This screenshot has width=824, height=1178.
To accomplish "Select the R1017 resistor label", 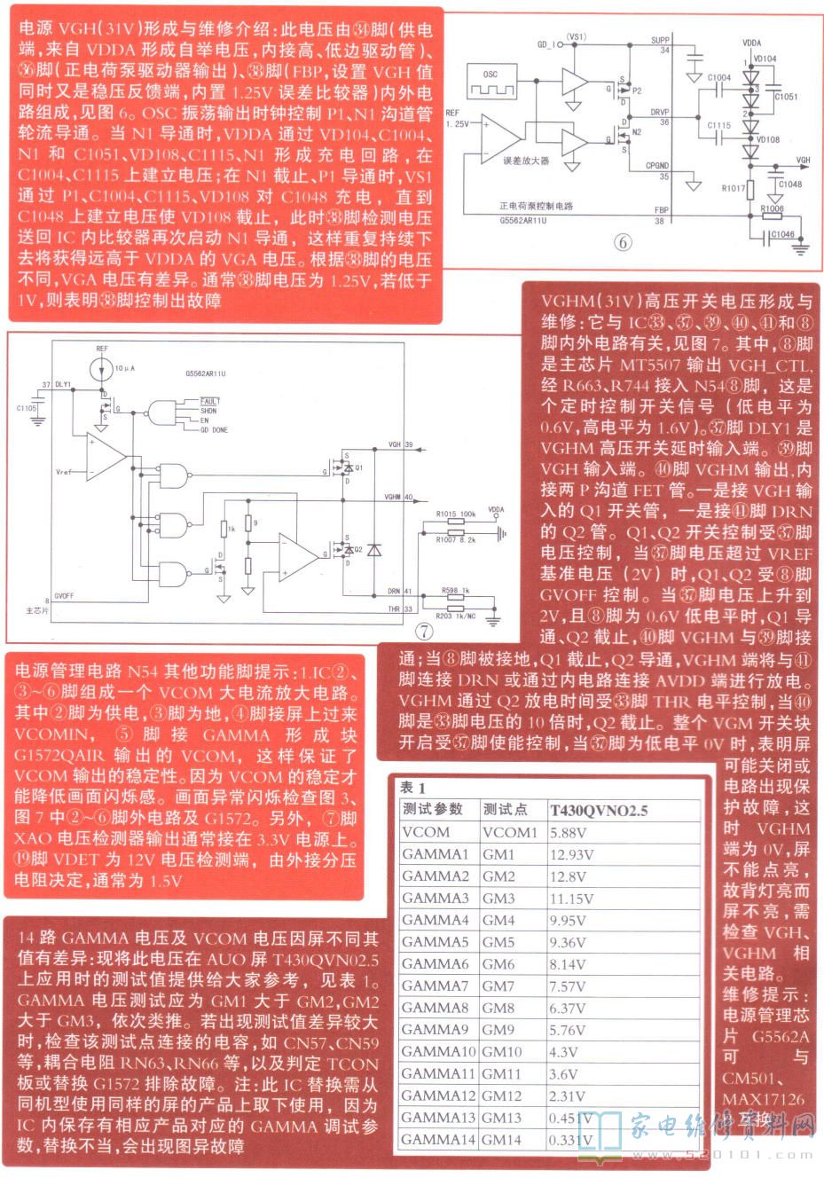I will [x=733, y=188].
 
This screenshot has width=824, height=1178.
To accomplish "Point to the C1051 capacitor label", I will [x=785, y=97].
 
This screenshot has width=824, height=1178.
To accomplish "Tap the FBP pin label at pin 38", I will [x=662, y=210].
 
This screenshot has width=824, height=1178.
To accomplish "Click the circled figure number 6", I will [x=624, y=241].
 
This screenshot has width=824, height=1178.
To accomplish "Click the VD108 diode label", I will [x=768, y=139].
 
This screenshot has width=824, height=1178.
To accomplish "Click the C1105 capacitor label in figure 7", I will [x=27, y=407].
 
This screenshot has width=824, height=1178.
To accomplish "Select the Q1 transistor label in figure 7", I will [x=358, y=467].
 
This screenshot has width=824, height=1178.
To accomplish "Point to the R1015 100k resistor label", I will [x=456, y=514].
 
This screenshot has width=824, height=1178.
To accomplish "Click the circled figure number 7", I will [x=426, y=631].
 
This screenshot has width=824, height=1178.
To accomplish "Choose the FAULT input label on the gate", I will [x=209, y=402].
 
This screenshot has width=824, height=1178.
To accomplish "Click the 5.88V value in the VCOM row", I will [x=569, y=833].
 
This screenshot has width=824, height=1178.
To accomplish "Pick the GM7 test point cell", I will [x=498, y=986].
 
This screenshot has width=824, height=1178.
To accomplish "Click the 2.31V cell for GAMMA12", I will [x=568, y=1096].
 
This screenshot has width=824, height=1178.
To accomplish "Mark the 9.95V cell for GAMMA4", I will [x=569, y=920].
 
